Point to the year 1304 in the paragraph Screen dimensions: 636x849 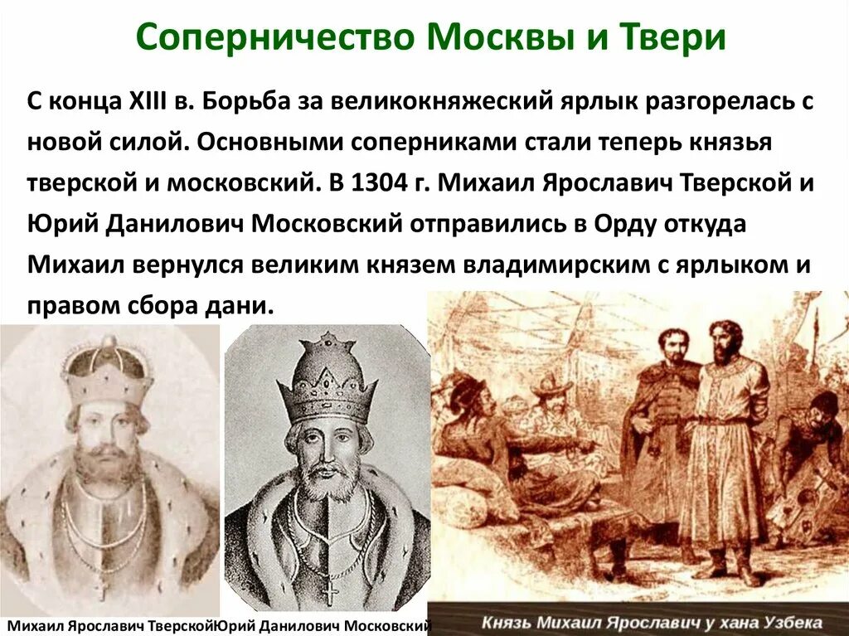pyautogui.click(x=380, y=183)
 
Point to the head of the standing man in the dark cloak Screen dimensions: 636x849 pyautogui.click(x=673, y=346)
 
